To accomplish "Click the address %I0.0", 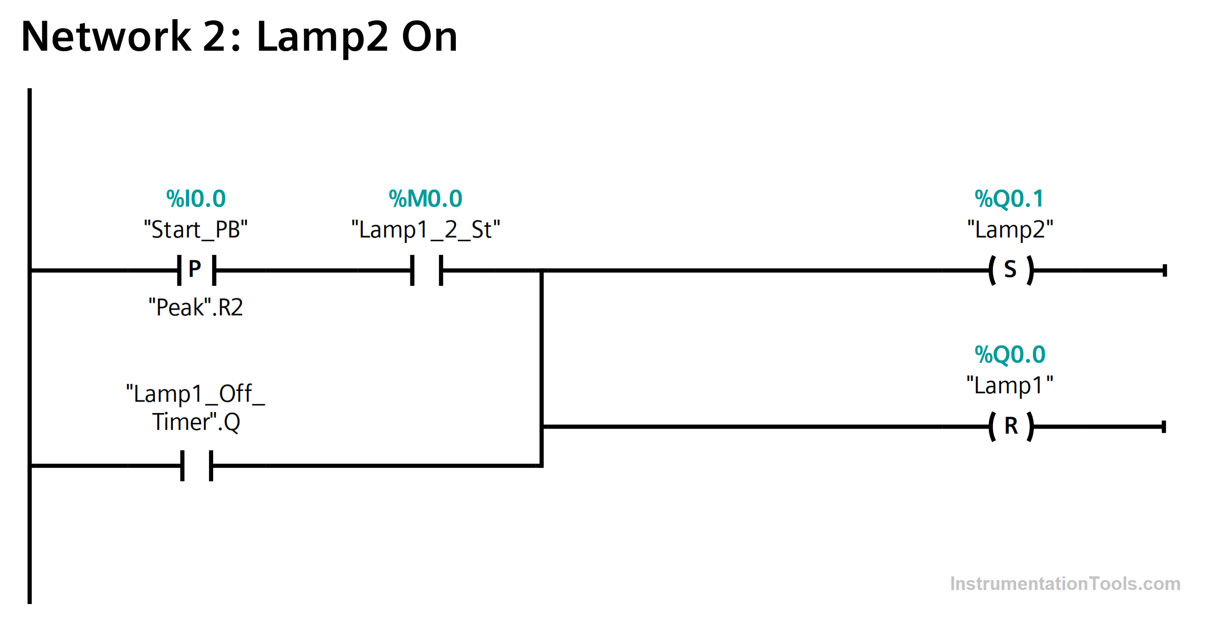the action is click(x=196, y=199).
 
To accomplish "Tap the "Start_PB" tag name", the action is click(x=196, y=230).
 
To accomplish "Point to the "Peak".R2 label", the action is click(x=196, y=307).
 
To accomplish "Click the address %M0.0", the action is click(x=425, y=199).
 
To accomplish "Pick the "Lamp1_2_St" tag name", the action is click(x=426, y=230).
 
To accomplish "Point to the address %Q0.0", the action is click(x=1010, y=355).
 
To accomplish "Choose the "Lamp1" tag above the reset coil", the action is click(x=1010, y=385).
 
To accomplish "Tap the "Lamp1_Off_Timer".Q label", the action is click(x=196, y=407).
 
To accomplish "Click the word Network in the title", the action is click(x=106, y=36).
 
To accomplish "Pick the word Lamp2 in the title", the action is click(x=323, y=38).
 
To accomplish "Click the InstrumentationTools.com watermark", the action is click(x=1065, y=584).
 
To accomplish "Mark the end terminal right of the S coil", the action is click(x=1165, y=270).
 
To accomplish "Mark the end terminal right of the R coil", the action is click(x=1164, y=427).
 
